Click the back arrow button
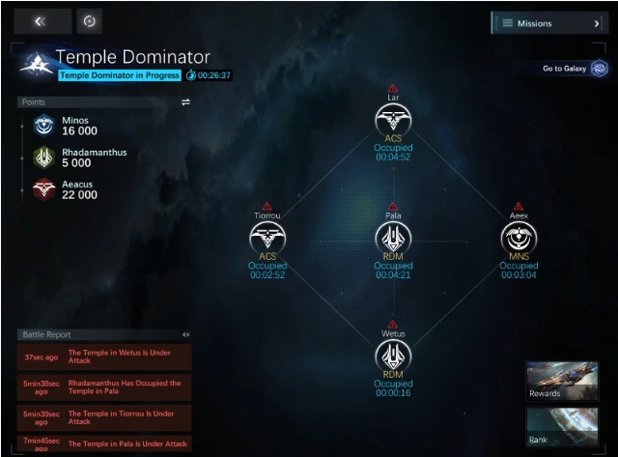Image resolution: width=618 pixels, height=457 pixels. [42, 21]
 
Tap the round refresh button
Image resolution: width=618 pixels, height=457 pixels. [89, 21]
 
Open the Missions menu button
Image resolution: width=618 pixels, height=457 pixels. [548, 23]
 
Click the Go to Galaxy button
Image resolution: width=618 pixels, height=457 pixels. [576, 69]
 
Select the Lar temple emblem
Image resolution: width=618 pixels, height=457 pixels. [393, 120]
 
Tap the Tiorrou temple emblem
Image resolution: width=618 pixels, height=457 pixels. [267, 237]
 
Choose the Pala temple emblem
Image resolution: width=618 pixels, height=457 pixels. [393, 237]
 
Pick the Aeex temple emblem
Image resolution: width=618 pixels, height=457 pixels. [519, 237]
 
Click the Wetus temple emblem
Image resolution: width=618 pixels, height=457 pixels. [393, 355]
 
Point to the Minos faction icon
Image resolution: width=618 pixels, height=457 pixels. [43, 125]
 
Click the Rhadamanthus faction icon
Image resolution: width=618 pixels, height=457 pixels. [43, 157]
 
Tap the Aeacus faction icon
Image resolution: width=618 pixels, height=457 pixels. [43, 188]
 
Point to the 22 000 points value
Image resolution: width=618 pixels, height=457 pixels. [79, 195]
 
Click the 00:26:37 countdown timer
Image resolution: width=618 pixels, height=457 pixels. [213, 75]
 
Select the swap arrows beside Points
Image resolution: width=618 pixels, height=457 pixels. [185, 101]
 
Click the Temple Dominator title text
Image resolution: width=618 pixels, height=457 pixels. [132, 58]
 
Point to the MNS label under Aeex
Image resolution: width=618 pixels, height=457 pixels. [519, 257]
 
